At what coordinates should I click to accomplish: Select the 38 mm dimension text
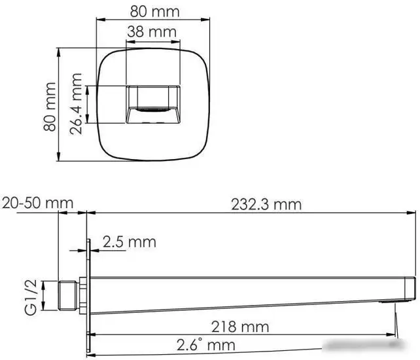pos(152,31)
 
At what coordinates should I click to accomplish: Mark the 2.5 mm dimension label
pos(129,242)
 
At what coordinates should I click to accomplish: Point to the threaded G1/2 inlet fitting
pos(67,295)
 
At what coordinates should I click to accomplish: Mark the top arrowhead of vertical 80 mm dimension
pos(59,51)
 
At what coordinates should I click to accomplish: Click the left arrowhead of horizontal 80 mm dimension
pos(100,20)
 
